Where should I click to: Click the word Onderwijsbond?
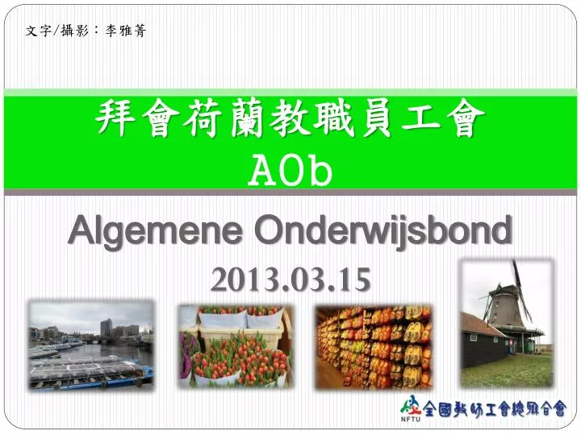coord(382,232)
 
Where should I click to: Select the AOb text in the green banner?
coord(290,172)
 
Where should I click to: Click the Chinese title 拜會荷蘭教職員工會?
coord(290,122)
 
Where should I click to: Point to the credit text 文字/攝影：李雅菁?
coord(86,31)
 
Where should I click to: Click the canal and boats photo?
coord(90,345)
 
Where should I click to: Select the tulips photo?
coord(235,345)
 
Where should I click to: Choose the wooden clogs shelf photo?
coord(373,345)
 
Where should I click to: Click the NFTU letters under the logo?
coord(408,417)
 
